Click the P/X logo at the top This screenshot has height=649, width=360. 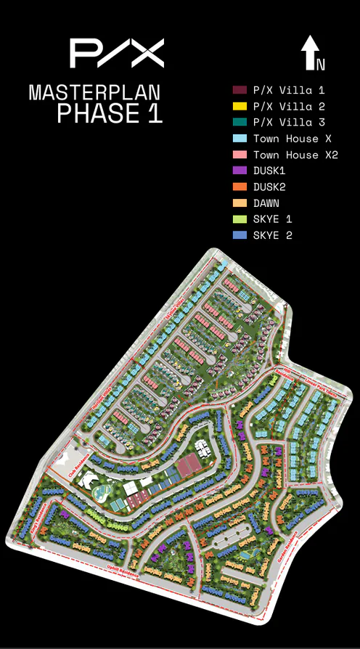tap(116, 53)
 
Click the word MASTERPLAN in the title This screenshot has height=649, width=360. tap(94, 93)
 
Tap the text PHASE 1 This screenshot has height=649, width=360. tap(110, 113)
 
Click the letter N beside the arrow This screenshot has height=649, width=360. tap(321, 65)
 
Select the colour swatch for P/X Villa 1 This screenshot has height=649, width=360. tap(240, 91)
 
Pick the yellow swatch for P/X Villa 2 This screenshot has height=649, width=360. tap(240, 107)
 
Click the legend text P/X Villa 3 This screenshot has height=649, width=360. tap(289, 123)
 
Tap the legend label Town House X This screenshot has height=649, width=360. tap(286, 139)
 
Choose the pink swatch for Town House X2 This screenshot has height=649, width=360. tap(240, 155)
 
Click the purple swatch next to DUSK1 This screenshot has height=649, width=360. tap(240, 171)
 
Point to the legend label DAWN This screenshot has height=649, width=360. tap(266, 203)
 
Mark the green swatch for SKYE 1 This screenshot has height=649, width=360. tap(240, 219)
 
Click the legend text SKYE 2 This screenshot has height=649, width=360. tap(272, 235)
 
